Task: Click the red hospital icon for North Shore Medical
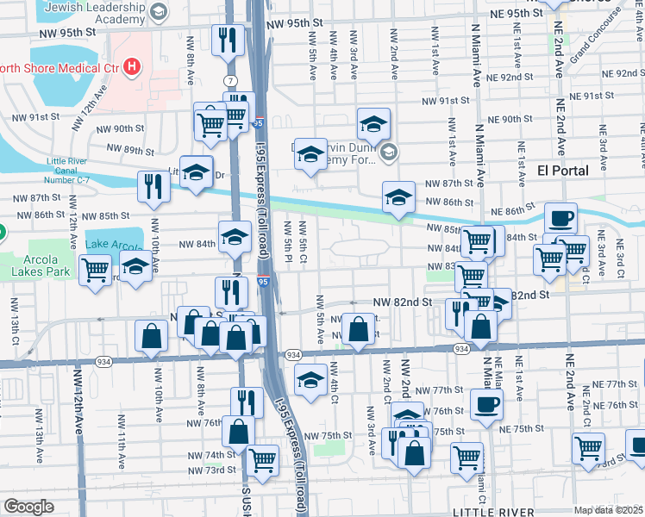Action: (x=131, y=65)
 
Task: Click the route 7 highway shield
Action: (x=230, y=80)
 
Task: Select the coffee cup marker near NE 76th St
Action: (x=486, y=402)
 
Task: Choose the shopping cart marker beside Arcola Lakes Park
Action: (x=95, y=269)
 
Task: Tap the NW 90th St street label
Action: (x=120, y=128)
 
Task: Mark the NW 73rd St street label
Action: (x=216, y=470)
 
